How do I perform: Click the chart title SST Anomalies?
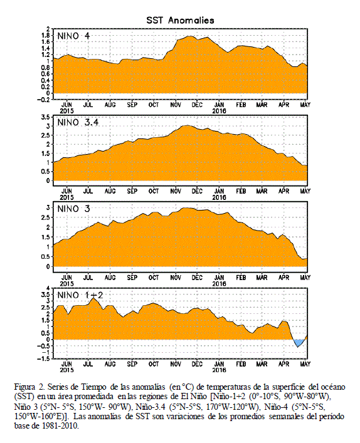point(180,20)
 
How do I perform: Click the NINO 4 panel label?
point(73,36)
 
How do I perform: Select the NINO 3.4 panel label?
point(78,123)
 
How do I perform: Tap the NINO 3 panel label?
point(73,209)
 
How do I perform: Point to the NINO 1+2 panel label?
point(80,296)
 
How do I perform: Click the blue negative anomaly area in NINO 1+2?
point(299,342)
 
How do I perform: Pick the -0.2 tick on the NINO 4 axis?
point(43,100)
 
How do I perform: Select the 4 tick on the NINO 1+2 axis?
point(48,288)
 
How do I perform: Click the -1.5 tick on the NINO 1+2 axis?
point(43,359)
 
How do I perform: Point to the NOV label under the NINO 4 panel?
point(176,105)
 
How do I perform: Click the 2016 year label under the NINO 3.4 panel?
point(219,197)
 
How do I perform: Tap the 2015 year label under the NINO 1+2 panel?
point(66,370)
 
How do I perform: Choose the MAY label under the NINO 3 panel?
point(305,278)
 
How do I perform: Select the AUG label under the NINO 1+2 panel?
point(110,364)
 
